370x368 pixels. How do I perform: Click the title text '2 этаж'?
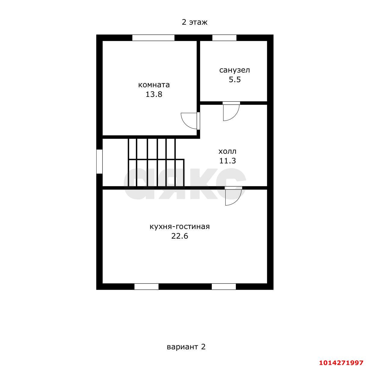point(194,23)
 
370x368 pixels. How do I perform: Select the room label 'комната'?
point(154,85)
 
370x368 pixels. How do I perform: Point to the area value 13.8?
point(154,94)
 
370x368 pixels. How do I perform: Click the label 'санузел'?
point(234,70)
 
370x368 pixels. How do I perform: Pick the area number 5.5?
point(235,79)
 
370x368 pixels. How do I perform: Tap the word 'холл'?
point(227,152)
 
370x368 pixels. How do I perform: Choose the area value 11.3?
point(227,161)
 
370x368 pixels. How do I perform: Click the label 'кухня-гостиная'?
point(180,227)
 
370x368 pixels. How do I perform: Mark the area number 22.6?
point(180,236)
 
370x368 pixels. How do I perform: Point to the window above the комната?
point(153,38)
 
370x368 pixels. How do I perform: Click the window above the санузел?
point(224,38)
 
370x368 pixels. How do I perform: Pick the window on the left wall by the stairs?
point(99,161)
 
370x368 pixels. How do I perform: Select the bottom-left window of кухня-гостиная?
point(146,286)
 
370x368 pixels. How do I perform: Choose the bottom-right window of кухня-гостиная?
point(224,286)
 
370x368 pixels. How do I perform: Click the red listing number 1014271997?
point(341,362)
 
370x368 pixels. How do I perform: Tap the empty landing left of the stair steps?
point(115,162)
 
